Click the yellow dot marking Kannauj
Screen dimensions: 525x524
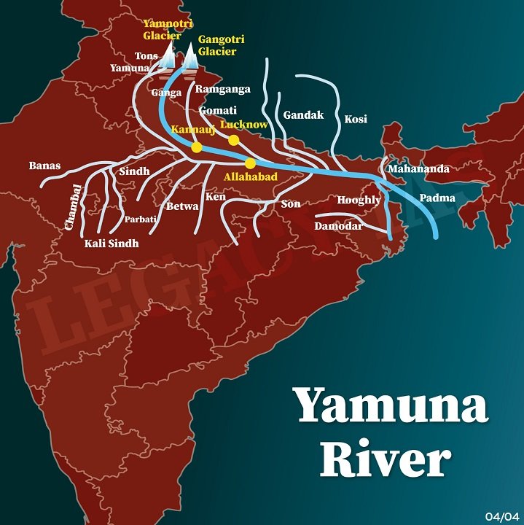(x=196, y=147)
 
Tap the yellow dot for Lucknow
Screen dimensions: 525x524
(x=233, y=139)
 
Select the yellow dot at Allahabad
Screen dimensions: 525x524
(x=251, y=163)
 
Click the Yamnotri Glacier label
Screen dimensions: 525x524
(x=163, y=30)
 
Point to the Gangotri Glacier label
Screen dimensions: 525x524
(x=217, y=46)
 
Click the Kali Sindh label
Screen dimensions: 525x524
(x=112, y=243)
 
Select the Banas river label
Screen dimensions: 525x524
(x=44, y=166)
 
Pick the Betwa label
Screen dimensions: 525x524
(x=182, y=206)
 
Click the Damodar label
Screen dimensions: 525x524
(x=338, y=227)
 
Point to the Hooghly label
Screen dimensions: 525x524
(x=359, y=200)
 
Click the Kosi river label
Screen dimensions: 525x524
(x=355, y=119)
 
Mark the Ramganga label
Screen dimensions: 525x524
(x=223, y=89)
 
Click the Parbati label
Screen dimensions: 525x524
(x=139, y=219)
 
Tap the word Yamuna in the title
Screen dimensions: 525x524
(x=391, y=405)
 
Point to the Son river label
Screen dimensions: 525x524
(x=290, y=203)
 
